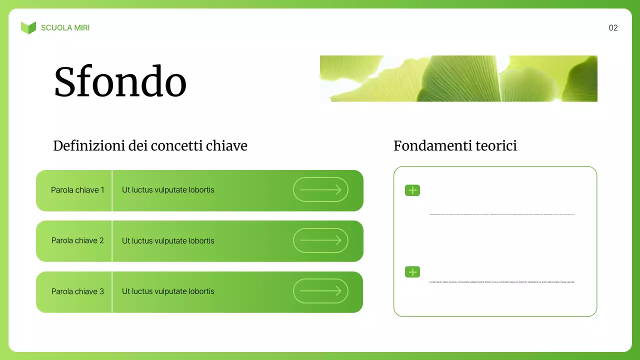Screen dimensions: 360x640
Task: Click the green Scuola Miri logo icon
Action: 28,28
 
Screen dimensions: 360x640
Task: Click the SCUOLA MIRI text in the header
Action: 65,28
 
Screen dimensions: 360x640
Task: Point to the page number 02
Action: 613,28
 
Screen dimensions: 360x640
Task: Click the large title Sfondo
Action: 120,81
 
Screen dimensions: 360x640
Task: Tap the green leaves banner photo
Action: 458,78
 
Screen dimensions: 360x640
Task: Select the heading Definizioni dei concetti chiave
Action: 150,146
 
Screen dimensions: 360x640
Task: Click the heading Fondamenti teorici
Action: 455,146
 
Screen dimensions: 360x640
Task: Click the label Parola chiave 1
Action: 77,190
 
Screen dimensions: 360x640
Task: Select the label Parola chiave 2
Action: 77,240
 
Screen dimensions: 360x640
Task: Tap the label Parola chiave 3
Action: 77,291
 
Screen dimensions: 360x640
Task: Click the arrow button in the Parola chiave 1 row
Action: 320,189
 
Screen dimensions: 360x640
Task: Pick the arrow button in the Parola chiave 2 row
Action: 320,240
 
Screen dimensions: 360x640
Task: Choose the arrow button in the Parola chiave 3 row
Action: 320,291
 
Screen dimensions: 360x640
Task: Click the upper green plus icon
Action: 412,190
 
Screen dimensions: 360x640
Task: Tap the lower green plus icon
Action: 412,272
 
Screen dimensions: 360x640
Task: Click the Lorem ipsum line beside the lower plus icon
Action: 501,282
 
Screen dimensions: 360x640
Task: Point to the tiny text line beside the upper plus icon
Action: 501,214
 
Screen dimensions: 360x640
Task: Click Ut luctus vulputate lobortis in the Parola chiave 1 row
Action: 168,190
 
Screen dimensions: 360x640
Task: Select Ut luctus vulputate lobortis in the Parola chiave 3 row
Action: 168,291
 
